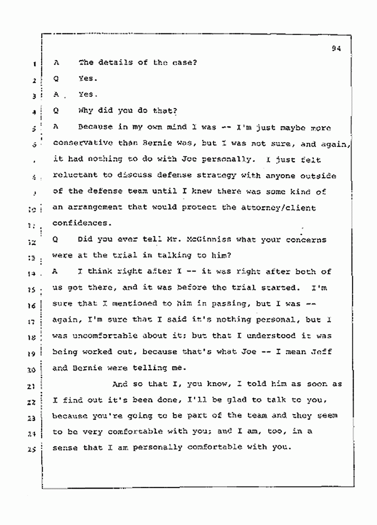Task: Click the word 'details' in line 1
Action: click(x=114, y=62)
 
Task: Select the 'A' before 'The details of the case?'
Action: click(x=56, y=62)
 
